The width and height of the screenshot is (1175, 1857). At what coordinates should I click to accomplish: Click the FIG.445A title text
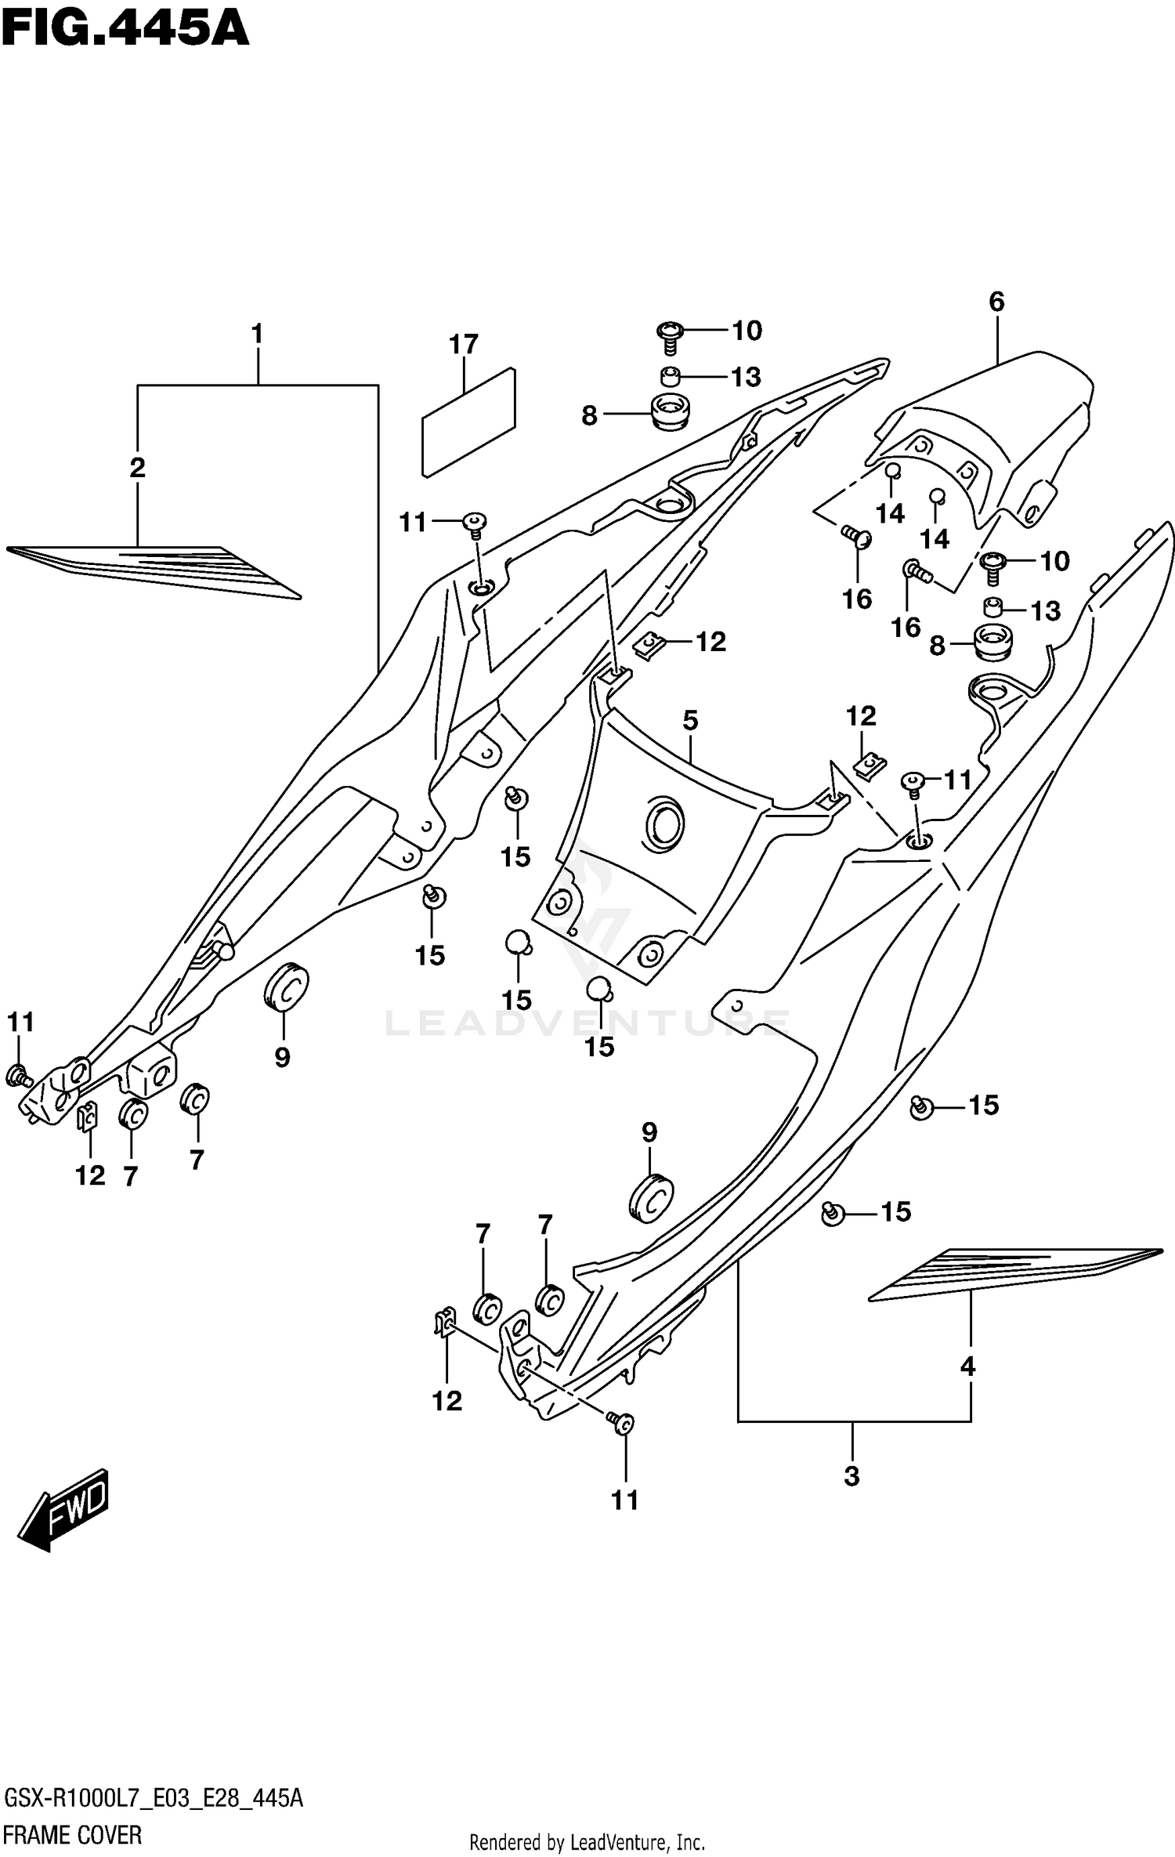pyautogui.click(x=125, y=31)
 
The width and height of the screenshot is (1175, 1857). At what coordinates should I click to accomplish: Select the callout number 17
pyautogui.click(x=464, y=345)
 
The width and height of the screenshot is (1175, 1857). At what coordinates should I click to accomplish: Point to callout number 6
pyautogui.click(x=996, y=302)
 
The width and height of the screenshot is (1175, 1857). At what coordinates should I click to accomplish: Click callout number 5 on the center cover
pyautogui.click(x=690, y=720)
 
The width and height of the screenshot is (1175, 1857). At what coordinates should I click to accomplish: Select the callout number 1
pyautogui.click(x=257, y=335)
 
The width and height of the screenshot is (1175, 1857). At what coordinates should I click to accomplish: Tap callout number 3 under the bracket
pyautogui.click(x=852, y=1476)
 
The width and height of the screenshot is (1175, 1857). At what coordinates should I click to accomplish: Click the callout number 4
pyautogui.click(x=968, y=1367)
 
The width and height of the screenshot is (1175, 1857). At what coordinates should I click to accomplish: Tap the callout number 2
pyautogui.click(x=137, y=469)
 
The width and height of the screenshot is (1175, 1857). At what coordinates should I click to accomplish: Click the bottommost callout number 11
pyautogui.click(x=625, y=1500)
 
